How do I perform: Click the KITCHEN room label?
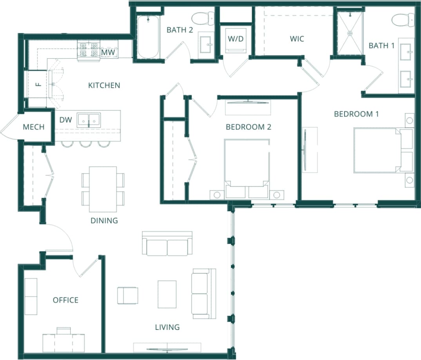pyautogui.click(x=104, y=85)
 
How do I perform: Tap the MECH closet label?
pyautogui.click(x=34, y=127)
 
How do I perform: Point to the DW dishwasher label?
pyautogui.click(x=65, y=120)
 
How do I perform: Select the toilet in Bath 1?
pyautogui.click(x=403, y=19)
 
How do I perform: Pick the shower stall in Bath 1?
pyautogui.click(x=350, y=33)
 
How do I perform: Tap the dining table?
pyautogui.click(x=103, y=189)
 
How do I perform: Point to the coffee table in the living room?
pyautogui.click(x=167, y=294)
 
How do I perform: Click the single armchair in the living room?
pyautogui.click(x=127, y=295)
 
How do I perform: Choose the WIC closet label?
pyautogui.click(x=297, y=39)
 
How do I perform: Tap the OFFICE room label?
pyautogui.click(x=65, y=300)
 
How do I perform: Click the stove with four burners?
pyautogui.click(x=89, y=50)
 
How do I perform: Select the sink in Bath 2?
pyautogui.click(x=206, y=46)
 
